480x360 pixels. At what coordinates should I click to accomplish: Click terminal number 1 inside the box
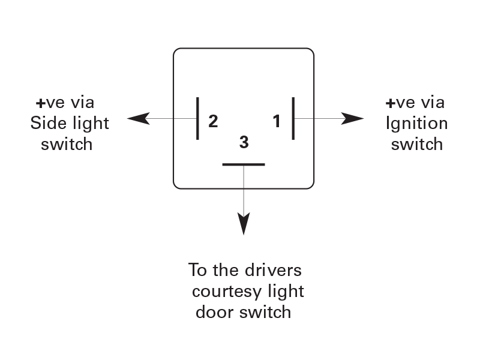click(277, 121)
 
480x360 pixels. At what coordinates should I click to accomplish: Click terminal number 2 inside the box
click(213, 121)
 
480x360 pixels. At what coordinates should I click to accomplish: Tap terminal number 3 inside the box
click(244, 142)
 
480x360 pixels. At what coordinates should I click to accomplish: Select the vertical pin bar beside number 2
click(197, 118)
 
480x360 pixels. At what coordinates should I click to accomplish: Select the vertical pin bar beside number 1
click(293, 118)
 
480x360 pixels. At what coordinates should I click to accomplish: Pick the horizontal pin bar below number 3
click(244, 164)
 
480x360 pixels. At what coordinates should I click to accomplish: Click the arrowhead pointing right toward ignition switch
click(352, 118)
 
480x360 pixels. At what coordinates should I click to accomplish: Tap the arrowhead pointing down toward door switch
click(244, 224)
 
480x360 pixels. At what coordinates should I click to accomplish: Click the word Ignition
click(417, 124)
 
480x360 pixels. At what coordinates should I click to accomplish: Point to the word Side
click(49, 123)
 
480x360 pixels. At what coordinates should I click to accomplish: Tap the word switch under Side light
click(67, 144)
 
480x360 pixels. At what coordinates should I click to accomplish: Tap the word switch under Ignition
click(417, 144)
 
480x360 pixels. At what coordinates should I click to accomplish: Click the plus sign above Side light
click(40, 103)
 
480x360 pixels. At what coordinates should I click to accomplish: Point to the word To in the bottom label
click(197, 270)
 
